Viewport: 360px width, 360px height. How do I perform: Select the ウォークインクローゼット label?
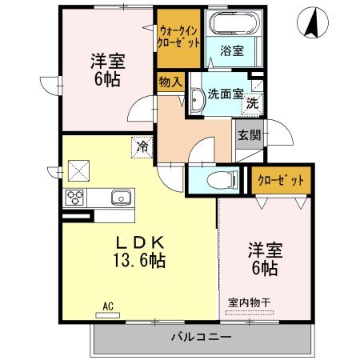pyautogui.click(x=177, y=35)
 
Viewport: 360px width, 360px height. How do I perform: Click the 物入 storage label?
pyautogui.click(x=170, y=82)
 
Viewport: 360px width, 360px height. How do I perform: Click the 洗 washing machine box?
pyautogui.click(x=252, y=102)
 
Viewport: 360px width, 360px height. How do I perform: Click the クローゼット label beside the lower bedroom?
pyautogui.click(x=280, y=180)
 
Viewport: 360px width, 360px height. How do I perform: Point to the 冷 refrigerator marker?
pyautogui.click(x=141, y=146)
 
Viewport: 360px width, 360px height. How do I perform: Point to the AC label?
pyautogui.click(x=108, y=305)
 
